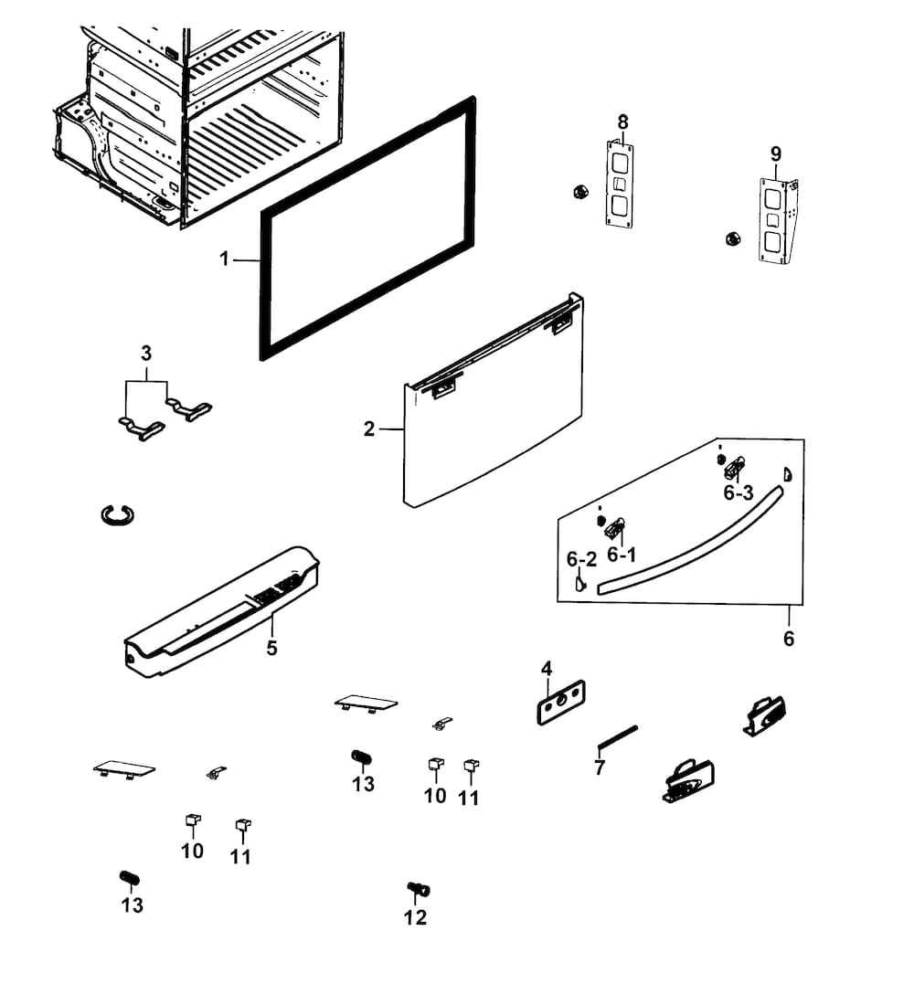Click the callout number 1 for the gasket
point(224,259)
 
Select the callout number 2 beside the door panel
point(369,428)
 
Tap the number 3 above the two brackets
point(146,353)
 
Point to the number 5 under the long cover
point(271,649)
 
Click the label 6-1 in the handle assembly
point(622,555)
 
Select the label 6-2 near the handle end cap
point(581,559)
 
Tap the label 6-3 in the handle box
point(738,493)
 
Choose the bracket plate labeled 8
point(621,183)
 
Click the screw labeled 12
point(418,888)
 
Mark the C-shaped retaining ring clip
point(117,515)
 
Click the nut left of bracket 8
point(578,192)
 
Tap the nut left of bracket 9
point(731,238)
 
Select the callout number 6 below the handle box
point(789,639)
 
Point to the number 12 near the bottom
point(415,917)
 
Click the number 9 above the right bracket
point(776,153)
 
